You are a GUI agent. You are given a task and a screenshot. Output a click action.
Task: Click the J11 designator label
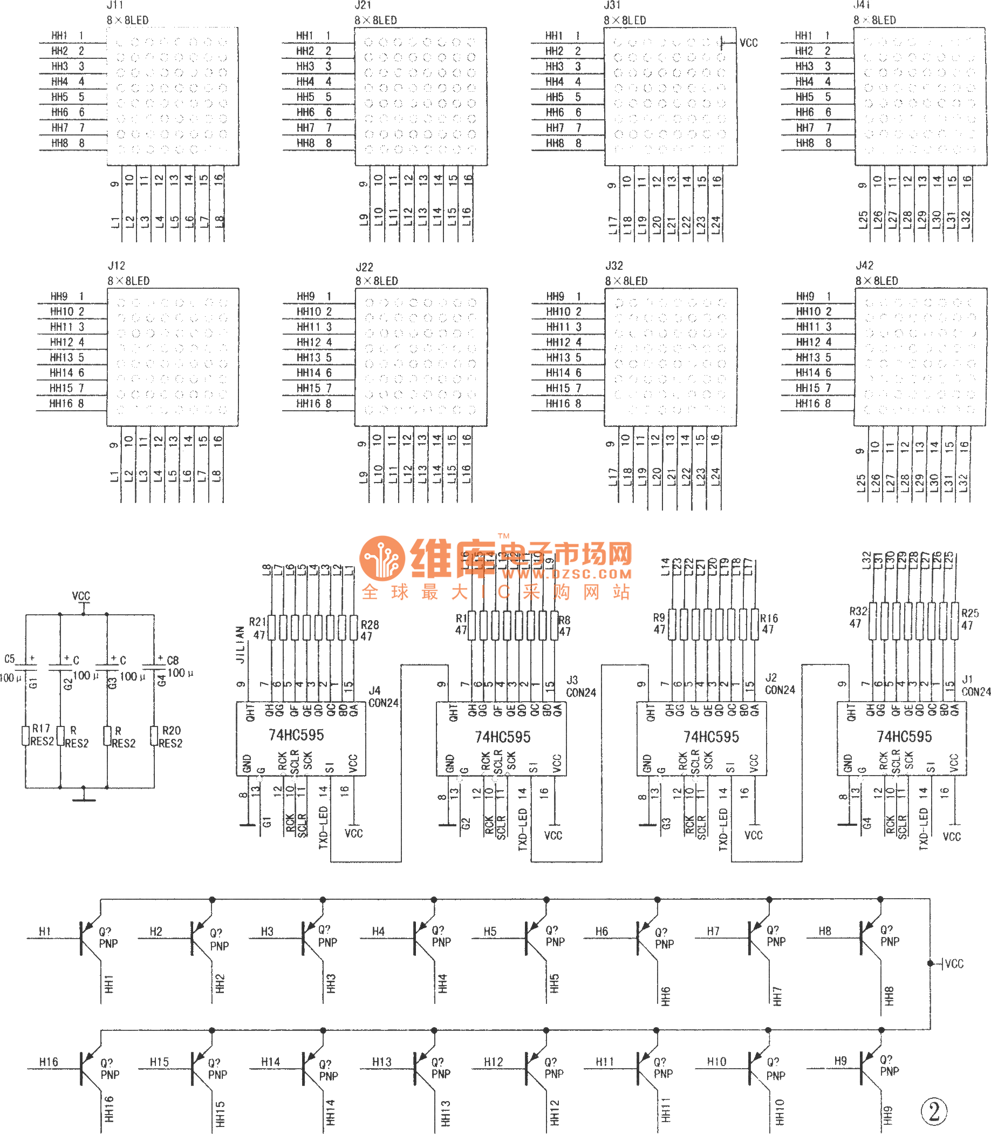(115, 5)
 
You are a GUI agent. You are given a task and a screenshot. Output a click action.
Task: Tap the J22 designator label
(365, 267)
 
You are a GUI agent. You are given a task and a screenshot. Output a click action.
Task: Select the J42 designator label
(864, 266)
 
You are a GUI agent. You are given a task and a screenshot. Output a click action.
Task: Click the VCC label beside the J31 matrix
(748, 43)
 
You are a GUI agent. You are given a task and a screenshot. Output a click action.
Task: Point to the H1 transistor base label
(45, 932)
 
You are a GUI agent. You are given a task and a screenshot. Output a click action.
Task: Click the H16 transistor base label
(49, 1062)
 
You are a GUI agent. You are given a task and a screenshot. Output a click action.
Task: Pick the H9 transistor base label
(840, 1061)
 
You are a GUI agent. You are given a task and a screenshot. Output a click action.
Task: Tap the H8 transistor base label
(825, 931)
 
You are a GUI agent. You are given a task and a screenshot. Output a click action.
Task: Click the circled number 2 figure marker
(934, 1111)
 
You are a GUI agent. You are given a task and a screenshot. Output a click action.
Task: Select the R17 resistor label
(41, 729)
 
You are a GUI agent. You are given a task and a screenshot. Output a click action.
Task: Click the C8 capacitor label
(173, 661)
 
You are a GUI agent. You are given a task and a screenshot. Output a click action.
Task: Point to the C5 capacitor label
(9, 659)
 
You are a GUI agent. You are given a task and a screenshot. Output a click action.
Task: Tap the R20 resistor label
(172, 730)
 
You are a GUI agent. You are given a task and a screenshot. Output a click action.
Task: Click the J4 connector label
(374, 690)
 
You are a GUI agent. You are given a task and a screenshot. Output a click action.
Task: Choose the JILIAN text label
(240, 644)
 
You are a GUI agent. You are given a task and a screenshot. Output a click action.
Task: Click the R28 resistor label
(370, 624)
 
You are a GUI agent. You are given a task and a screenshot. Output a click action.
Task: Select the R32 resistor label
(858, 611)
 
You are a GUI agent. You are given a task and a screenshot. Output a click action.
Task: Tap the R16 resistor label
(769, 618)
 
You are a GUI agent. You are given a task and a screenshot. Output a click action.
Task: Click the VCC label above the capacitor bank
(81, 596)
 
